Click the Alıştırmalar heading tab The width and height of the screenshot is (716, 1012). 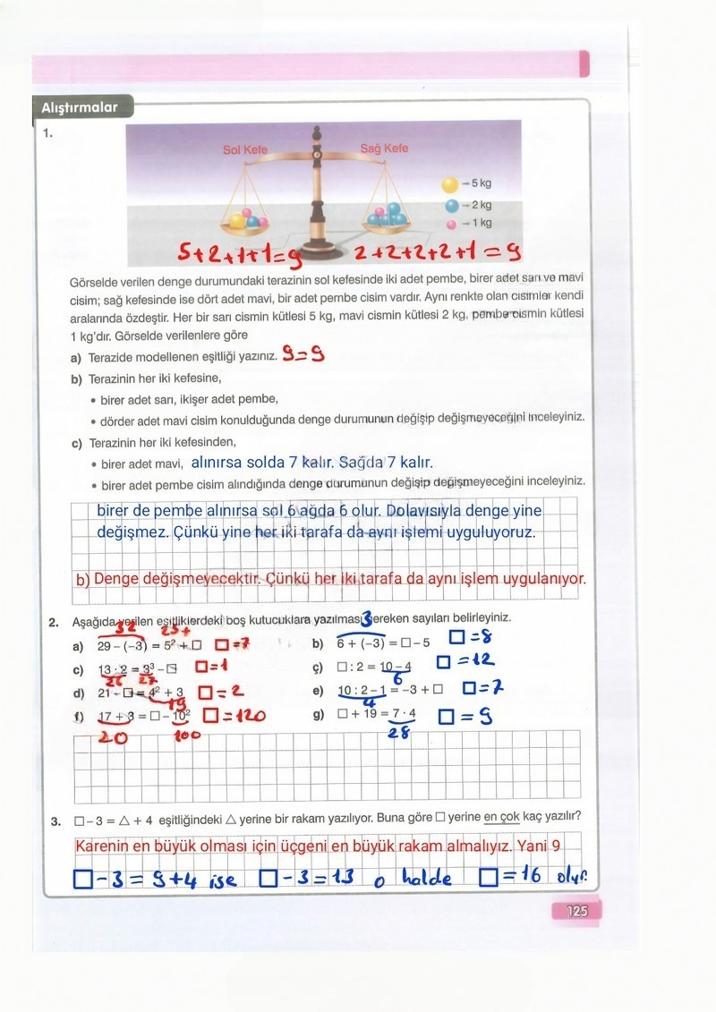[80, 107]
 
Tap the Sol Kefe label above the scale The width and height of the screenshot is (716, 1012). [245, 149]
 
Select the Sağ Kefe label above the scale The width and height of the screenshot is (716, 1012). [384, 148]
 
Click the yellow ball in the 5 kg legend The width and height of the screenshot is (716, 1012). [449, 184]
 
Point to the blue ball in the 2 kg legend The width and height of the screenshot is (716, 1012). [452, 205]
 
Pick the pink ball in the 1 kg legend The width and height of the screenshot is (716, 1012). [452, 224]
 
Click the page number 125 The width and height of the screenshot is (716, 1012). [576, 911]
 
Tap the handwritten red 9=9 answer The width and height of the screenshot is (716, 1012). [303, 355]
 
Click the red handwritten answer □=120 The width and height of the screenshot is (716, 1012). [234, 716]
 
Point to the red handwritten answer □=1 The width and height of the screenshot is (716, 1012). [212, 667]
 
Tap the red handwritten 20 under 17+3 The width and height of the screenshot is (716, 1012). [111, 737]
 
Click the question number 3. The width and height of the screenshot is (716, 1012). [55, 821]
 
